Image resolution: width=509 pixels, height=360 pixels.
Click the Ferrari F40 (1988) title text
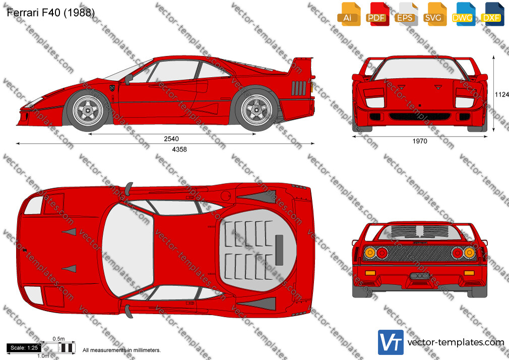click(50, 13)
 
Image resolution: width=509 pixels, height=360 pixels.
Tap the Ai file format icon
click(349, 14)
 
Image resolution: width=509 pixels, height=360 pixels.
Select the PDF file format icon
click(377, 14)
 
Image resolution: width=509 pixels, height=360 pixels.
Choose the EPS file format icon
click(406, 14)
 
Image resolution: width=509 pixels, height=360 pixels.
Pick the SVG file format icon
click(434, 14)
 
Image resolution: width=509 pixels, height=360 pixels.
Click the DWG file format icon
click(464, 14)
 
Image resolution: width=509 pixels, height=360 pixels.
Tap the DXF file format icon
click(492, 14)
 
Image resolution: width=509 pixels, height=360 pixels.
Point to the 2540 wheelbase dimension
click(171, 139)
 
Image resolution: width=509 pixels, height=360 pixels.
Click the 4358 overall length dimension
click(179, 149)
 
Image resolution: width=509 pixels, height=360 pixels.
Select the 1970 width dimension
click(420, 141)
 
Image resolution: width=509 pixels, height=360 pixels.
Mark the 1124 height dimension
click(502, 95)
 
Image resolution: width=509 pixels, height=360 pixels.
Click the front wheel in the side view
click(88, 111)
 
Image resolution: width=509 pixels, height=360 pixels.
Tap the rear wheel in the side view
click(257, 109)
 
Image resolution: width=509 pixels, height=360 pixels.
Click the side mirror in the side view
click(129, 79)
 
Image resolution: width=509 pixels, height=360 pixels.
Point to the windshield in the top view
click(127, 251)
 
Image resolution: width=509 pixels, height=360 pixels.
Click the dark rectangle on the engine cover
click(279, 250)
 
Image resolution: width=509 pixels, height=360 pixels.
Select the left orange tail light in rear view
click(370, 253)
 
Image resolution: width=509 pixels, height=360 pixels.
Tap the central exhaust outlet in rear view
click(420, 276)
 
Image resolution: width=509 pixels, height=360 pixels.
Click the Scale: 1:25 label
click(24, 348)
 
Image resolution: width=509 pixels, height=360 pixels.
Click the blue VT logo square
click(391, 342)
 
